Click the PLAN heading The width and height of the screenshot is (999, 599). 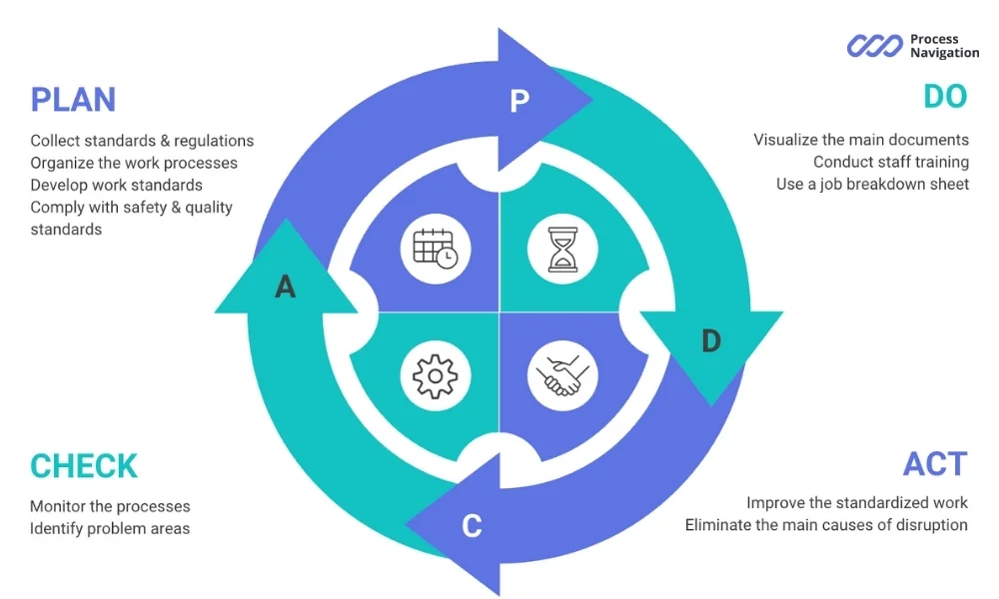pyautogui.click(x=73, y=100)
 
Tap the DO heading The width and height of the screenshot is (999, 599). pyautogui.click(x=944, y=97)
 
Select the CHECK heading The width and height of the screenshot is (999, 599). pyautogui.click(x=84, y=466)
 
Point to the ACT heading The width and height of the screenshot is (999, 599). pyautogui.click(x=935, y=464)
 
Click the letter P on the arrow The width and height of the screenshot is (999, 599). pyautogui.click(x=518, y=101)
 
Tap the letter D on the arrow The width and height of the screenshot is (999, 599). pyautogui.click(x=710, y=341)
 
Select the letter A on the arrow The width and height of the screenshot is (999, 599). pyautogui.click(x=286, y=288)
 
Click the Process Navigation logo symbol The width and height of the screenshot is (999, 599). pyautogui.click(x=874, y=46)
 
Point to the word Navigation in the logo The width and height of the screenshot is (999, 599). pyautogui.click(x=944, y=53)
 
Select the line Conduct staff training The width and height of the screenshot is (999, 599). pyautogui.click(x=890, y=162)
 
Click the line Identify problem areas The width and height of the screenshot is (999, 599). pyautogui.click(x=110, y=528)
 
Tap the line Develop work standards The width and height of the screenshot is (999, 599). pyautogui.click(x=116, y=185)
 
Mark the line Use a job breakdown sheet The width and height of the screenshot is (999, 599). pyautogui.click(x=872, y=184)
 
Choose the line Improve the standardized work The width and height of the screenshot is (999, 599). pyautogui.click(x=856, y=502)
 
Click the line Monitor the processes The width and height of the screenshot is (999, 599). pyautogui.click(x=110, y=506)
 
